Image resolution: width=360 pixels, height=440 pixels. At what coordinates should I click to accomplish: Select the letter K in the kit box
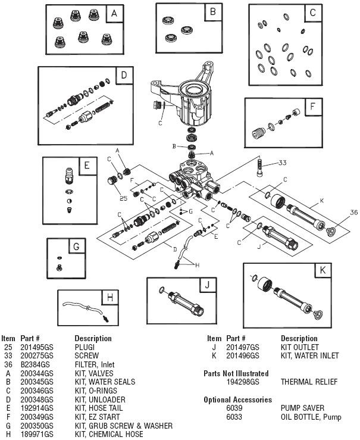(322, 270)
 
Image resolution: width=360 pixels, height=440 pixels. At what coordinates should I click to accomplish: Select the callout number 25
(123, 198)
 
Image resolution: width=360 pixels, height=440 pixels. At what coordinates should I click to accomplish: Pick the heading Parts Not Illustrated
(236, 373)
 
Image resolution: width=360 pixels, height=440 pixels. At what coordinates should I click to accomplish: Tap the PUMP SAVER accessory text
(300, 408)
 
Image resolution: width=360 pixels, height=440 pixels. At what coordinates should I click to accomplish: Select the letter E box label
(86, 165)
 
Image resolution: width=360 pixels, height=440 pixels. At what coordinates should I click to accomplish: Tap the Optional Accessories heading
(237, 400)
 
